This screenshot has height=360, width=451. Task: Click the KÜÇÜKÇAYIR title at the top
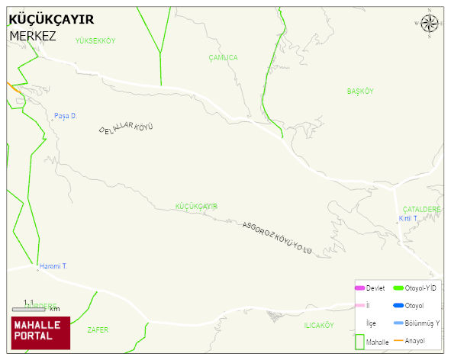pyautogui.click(x=51, y=20)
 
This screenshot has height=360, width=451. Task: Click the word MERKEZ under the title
pyautogui.click(x=33, y=36)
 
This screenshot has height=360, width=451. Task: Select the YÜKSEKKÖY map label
pyautogui.click(x=95, y=41)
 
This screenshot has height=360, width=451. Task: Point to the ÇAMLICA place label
pyautogui.click(x=223, y=58)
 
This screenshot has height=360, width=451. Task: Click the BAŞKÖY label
pyautogui.click(x=360, y=92)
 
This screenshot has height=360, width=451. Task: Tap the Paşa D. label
pyautogui.click(x=66, y=117)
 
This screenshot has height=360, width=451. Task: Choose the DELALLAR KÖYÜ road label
pyautogui.click(x=126, y=129)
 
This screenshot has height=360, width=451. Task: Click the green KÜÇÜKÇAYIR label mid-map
pyautogui.click(x=197, y=207)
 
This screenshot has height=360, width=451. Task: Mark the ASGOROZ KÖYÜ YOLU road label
pyautogui.click(x=278, y=239)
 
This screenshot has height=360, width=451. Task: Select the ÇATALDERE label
pyautogui.click(x=422, y=209)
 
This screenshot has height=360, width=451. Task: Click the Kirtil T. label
pyautogui.click(x=409, y=218)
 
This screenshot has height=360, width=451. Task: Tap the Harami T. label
pyautogui.click(x=53, y=266)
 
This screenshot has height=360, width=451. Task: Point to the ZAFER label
pyautogui.click(x=98, y=329)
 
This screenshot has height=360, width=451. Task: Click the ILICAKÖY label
pyautogui.click(x=319, y=326)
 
